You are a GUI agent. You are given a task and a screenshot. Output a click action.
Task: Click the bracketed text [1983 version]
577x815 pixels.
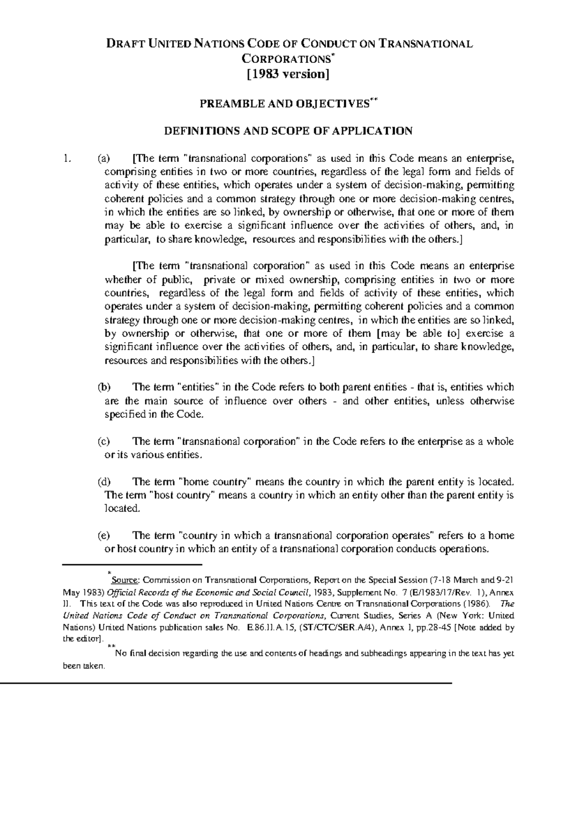288,74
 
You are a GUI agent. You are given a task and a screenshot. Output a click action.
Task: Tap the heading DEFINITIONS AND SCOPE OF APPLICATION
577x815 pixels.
288,131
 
